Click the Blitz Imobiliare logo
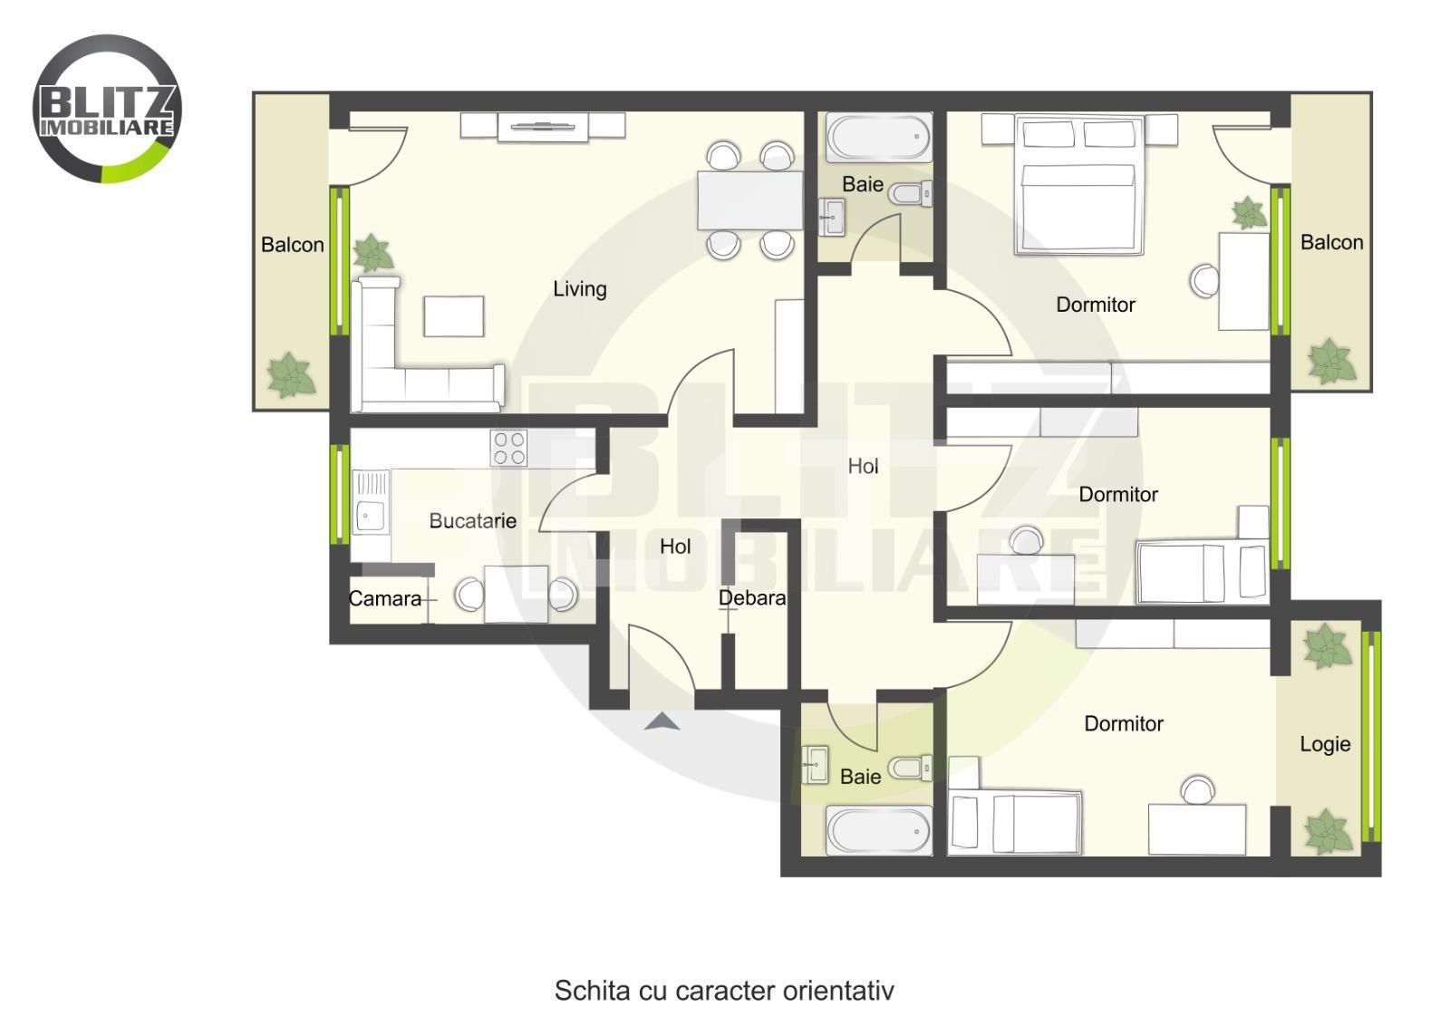[x=107, y=108]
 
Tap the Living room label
[x=579, y=289]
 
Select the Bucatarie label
[x=472, y=520]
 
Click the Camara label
[x=384, y=598]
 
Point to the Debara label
[x=752, y=597]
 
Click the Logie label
[x=1325, y=744]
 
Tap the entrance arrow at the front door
[x=662, y=721]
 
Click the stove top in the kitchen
[x=508, y=448]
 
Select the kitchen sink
[x=371, y=502]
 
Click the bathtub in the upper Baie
[x=879, y=137]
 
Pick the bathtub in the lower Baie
[x=878, y=830]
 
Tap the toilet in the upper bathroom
[x=910, y=193]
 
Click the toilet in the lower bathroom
[x=910, y=768]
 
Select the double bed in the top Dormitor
[x=1079, y=185]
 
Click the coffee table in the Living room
[x=454, y=316]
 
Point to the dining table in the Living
[x=749, y=200]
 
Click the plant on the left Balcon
[x=291, y=375]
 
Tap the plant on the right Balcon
[x=1331, y=361]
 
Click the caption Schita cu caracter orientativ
[x=724, y=991]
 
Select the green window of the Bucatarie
[x=340, y=494]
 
